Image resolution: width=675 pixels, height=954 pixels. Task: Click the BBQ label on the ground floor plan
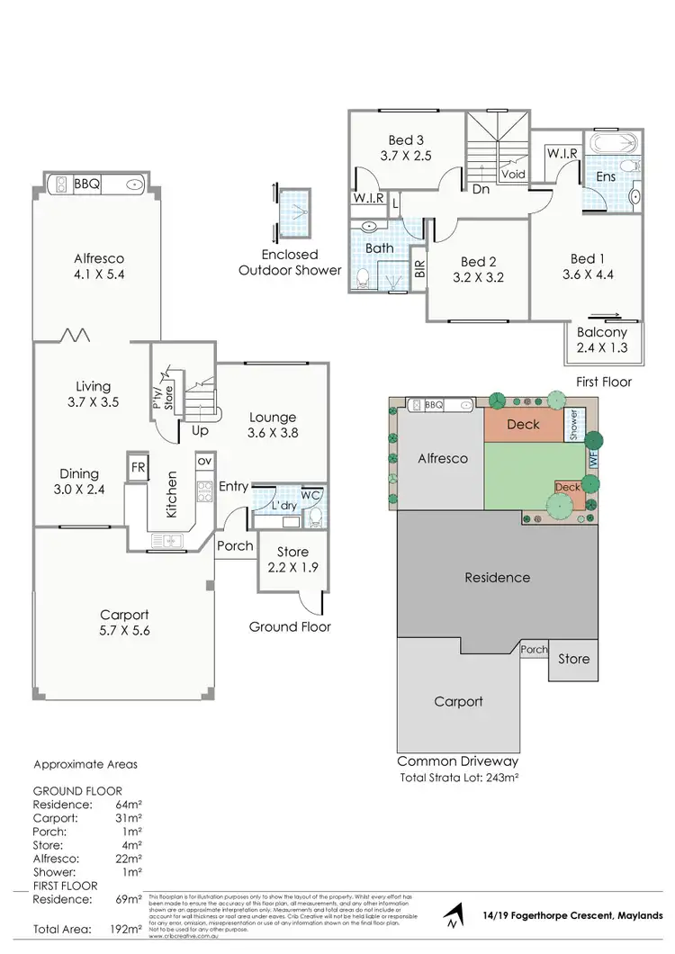(x=87, y=184)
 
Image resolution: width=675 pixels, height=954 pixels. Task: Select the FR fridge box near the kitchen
(x=138, y=467)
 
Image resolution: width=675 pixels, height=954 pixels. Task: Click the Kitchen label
(x=171, y=494)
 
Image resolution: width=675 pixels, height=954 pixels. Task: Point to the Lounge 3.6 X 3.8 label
(x=273, y=424)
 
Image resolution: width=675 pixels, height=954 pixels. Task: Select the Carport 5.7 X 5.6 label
(x=124, y=623)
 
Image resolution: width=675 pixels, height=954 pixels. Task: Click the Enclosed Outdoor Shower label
(x=290, y=263)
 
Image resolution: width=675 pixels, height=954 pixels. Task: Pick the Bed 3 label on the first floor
(x=406, y=148)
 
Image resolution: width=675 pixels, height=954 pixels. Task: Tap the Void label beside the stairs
(x=513, y=175)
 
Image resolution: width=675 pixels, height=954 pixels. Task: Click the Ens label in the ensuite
(x=606, y=176)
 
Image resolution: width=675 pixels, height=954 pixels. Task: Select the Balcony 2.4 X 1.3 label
(x=602, y=340)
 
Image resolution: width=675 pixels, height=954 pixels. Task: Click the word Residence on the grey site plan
(x=498, y=577)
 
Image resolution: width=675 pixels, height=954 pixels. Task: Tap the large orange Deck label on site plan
(x=523, y=423)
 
